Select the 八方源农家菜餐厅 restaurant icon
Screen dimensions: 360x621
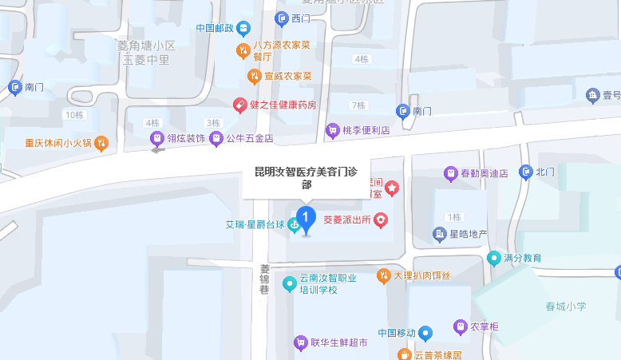point(243,52)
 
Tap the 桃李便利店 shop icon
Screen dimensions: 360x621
point(331,129)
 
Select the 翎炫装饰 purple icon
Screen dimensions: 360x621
point(158,139)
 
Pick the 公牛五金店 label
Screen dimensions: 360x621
point(250,139)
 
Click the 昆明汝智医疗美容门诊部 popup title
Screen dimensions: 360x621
point(307,177)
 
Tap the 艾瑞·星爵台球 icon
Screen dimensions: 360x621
point(295,225)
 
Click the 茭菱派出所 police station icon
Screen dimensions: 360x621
point(382,219)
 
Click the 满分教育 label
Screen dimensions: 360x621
point(523,258)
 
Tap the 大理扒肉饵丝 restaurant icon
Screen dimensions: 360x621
point(384,275)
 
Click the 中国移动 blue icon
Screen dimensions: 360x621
point(426,333)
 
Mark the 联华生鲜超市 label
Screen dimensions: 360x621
point(339,343)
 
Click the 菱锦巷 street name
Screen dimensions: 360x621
point(266,280)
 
